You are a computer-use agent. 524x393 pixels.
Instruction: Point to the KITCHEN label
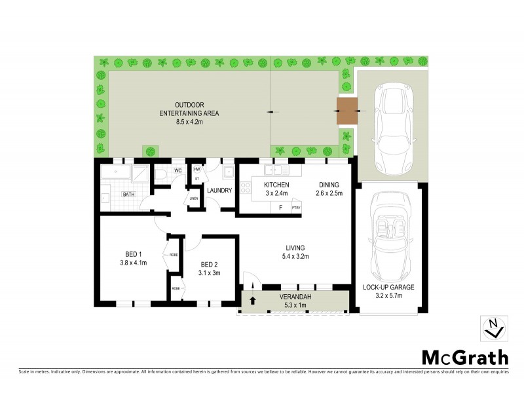coord(276,185)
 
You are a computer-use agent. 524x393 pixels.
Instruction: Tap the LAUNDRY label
coord(219,191)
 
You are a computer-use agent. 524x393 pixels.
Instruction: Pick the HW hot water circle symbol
coord(196,169)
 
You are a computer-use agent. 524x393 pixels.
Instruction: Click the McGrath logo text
coord(464,357)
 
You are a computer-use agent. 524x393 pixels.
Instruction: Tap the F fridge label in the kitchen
coord(281,208)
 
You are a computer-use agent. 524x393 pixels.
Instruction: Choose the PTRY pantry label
coord(296,208)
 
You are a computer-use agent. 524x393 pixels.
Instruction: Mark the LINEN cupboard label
coord(193,198)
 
